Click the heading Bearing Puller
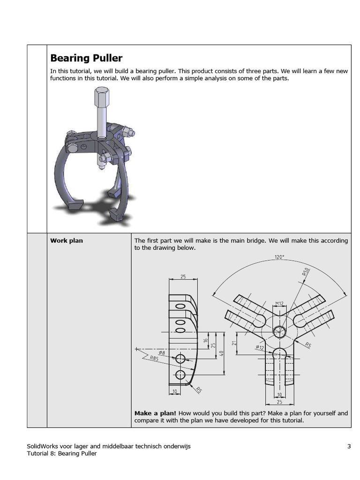click(86, 58)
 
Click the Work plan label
click(67, 240)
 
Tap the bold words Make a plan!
click(155, 413)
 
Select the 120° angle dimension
click(280, 257)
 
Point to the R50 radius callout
click(306, 273)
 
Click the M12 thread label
click(279, 303)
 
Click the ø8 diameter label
click(162, 352)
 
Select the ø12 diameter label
click(260, 347)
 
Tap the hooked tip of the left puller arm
click(74, 205)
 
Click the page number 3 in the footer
click(349, 446)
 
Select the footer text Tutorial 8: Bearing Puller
click(62, 453)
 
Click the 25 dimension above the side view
click(183, 277)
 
